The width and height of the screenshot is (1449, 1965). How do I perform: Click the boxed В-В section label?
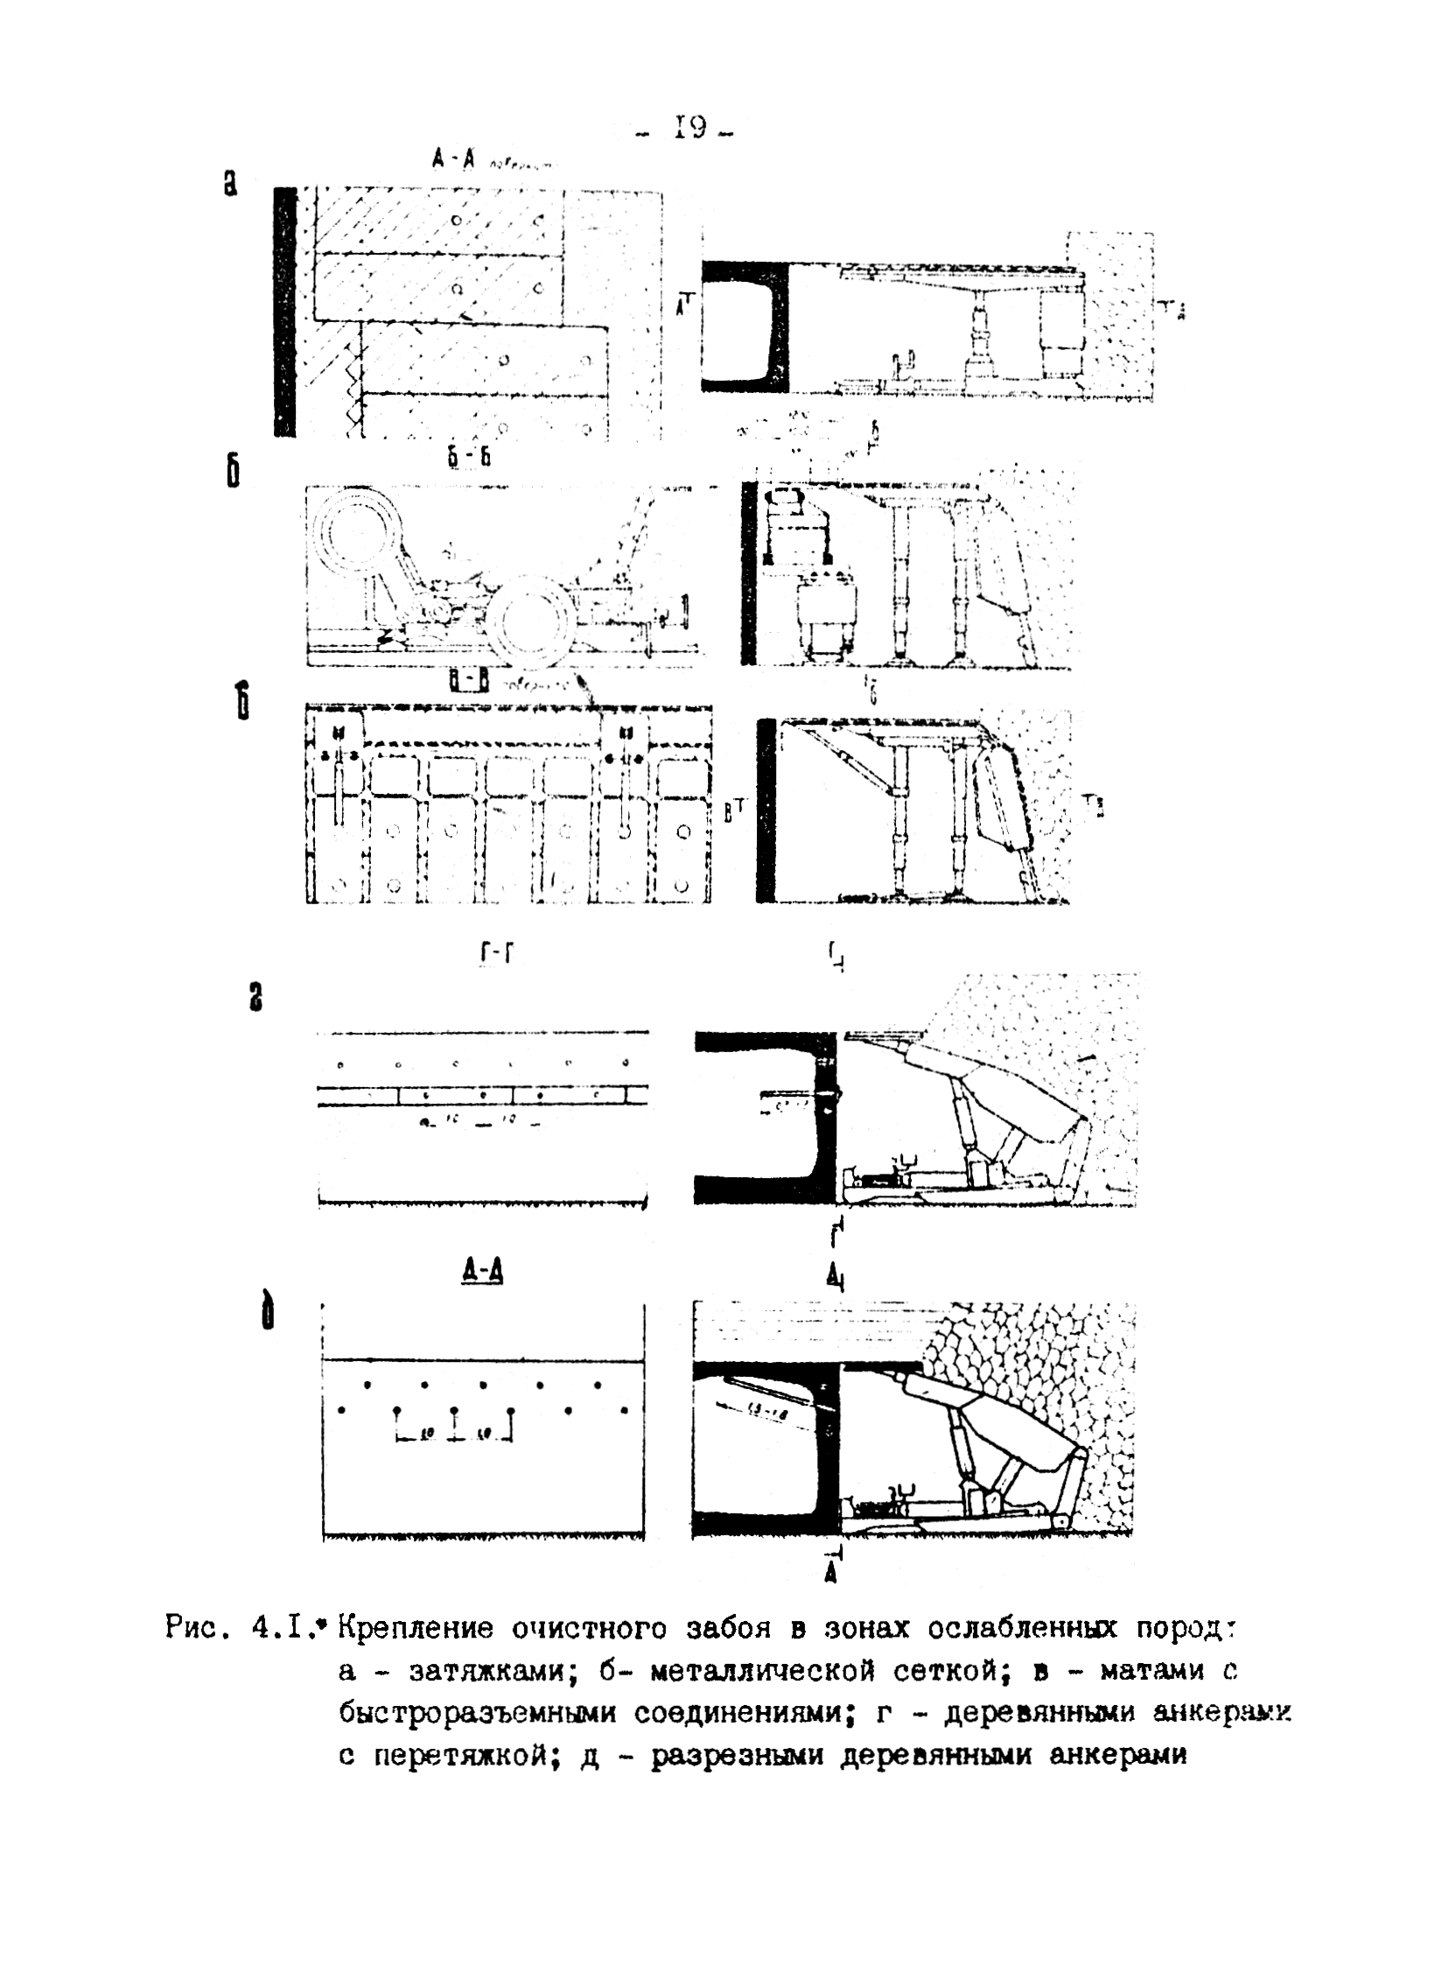pyautogui.click(x=467, y=681)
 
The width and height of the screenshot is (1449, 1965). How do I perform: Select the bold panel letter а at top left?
pyautogui.click(x=230, y=183)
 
